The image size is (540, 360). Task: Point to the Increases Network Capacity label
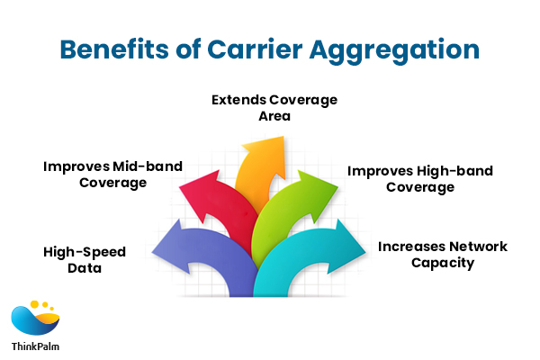pos(442,255)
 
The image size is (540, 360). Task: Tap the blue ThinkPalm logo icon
pos(34,319)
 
